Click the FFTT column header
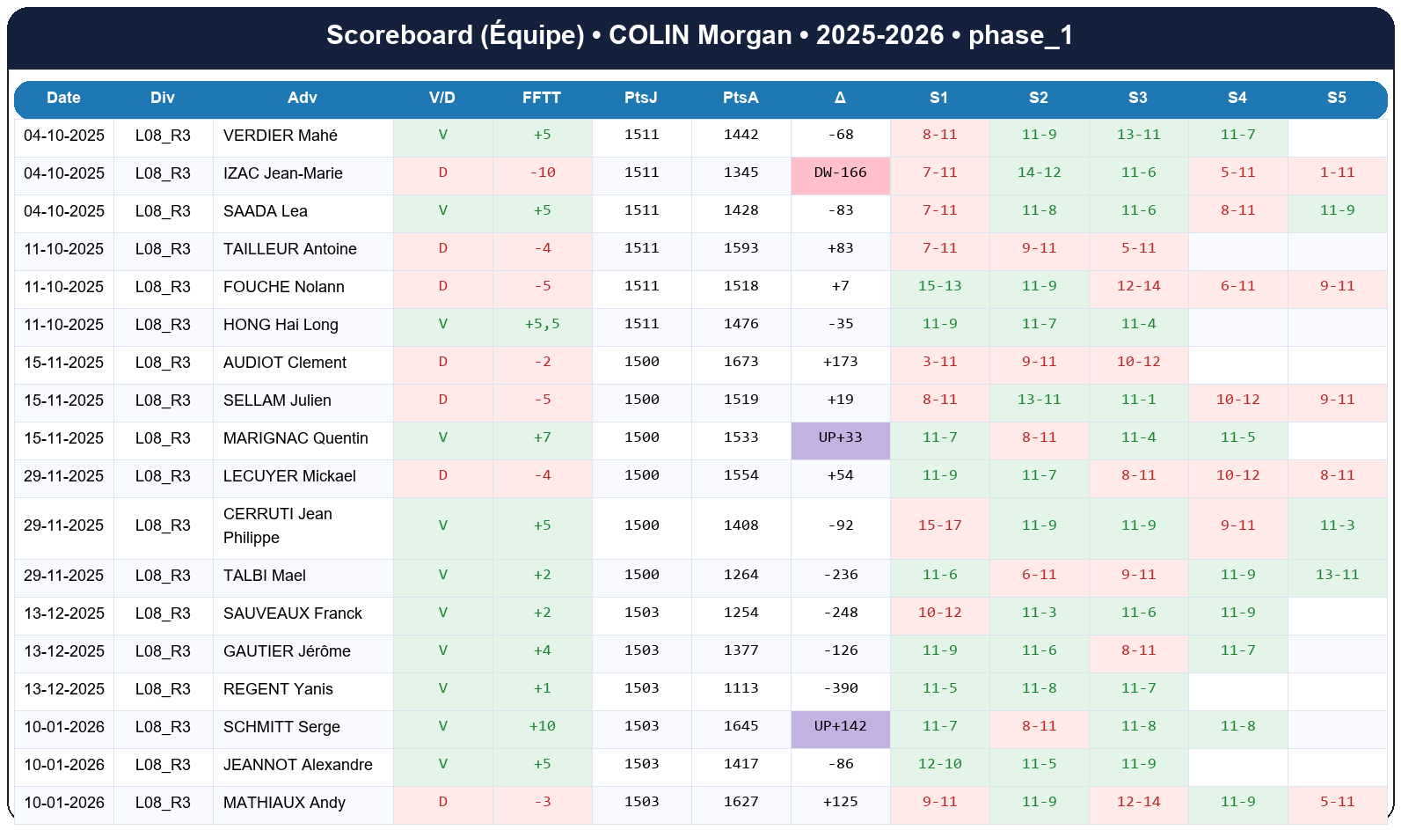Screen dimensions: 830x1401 tap(541, 98)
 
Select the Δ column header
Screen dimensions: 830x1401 tap(840, 98)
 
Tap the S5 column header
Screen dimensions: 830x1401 tap(1336, 98)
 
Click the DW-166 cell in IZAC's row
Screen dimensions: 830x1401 tap(840, 173)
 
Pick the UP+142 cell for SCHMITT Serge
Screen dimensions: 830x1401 tap(840, 726)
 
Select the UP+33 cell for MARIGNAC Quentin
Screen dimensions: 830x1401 tap(840, 437)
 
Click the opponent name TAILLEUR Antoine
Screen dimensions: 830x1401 tap(289, 249)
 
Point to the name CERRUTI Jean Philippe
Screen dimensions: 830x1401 tap(277, 525)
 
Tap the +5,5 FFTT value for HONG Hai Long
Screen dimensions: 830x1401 tap(542, 324)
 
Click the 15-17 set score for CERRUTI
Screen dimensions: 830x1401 tap(939, 525)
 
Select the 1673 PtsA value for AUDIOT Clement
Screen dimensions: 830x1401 tap(741, 362)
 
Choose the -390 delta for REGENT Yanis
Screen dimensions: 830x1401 tap(840, 688)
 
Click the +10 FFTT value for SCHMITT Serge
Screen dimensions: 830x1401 tap(542, 726)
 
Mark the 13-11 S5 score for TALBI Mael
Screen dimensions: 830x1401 tap(1337, 575)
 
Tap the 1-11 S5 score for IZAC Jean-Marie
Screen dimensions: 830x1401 tap(1337, 173)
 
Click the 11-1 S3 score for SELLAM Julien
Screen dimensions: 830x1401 tap(1138, 400)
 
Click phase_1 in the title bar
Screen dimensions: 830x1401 tap(1020, 35)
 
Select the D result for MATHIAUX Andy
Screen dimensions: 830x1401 tap(442, 802)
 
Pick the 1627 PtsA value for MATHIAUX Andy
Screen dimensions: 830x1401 tap(741, 802)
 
